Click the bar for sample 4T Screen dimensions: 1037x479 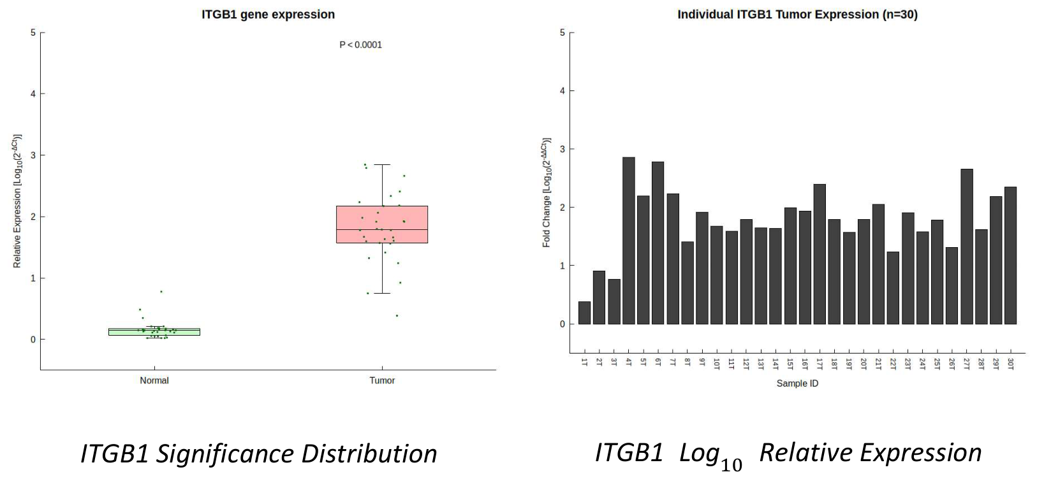[x=629, y=240]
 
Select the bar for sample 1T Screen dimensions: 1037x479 [x=585, y=313]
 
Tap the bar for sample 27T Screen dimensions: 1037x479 [x=967, y=247]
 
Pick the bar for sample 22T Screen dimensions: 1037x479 [x=893, y=288]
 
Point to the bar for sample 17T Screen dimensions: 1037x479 [x=820, y=254]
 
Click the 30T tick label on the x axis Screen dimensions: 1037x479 [x=1011, y=364]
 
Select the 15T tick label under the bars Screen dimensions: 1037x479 [x=790, y=364]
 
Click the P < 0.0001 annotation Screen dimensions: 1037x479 [x=360, y=45]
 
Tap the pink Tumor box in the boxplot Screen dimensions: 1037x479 [x=382, y=224]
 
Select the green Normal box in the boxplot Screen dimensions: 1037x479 [x=154, y=331]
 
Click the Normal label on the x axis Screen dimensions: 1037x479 [x=154, y=380]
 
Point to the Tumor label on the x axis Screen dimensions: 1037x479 [x=382, y=380]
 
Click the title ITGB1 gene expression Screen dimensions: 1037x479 [x=268, y=15]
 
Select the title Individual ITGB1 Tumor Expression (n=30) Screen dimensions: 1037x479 [x=798, y=15]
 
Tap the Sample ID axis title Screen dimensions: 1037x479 [x=798, y=383]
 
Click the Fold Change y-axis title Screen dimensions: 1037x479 [x=547, y=192]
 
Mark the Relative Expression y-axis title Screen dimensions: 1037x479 [x=17, y=201]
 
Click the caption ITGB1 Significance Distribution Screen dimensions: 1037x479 [x=259, y=453]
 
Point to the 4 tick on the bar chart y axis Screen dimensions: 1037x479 [x=563, y=90]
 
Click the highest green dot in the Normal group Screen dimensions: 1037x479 [x=161, y=292]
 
